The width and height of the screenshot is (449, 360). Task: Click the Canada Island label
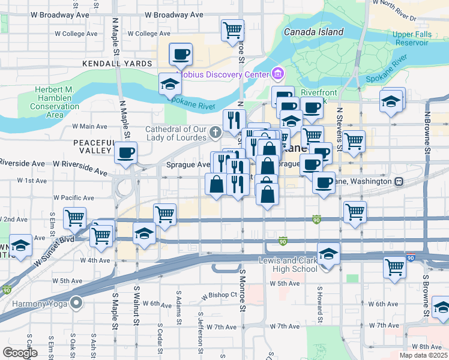313,32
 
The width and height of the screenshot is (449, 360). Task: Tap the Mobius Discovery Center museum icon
277,74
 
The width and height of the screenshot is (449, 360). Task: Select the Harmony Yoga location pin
76,302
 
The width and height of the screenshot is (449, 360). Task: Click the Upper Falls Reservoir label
411,39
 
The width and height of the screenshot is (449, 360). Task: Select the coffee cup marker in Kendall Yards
181,55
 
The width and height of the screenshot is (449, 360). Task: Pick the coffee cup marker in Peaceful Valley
125,154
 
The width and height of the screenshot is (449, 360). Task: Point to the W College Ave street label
75,34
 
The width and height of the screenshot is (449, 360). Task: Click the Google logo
19,353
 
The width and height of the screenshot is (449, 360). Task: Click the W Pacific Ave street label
74,197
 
